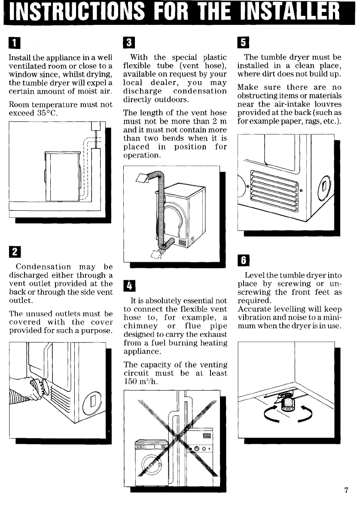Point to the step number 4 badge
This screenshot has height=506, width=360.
tap(128, 285)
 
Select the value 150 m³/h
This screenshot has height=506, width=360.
tap(136, 382)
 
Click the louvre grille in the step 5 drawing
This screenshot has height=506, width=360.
tap(273, 191)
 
